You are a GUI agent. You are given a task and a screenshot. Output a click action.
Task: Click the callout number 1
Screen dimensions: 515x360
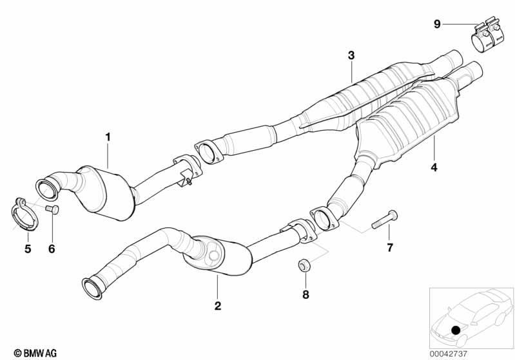tap(108, 137)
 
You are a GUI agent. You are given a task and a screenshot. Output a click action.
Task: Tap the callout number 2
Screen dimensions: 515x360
tap(217, 306)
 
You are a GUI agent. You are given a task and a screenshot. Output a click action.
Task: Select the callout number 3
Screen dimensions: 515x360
tap(351, 55)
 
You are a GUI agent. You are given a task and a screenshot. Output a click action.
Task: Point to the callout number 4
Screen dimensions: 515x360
tap(434, 167)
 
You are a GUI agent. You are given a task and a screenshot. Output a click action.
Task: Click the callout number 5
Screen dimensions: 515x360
tap(28, 249)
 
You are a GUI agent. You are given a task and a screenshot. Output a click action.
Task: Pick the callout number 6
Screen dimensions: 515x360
tap(52, 249)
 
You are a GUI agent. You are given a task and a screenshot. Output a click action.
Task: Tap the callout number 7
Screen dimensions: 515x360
tap(390, 247)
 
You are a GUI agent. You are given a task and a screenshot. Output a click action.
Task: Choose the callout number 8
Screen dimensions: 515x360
tap(306, 294)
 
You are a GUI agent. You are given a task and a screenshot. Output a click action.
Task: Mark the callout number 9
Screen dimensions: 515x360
tap(437, 24)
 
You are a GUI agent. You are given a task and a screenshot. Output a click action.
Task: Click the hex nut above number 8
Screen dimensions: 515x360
tap(304, 265)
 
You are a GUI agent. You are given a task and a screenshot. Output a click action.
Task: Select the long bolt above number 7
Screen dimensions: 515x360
tap(384, 220)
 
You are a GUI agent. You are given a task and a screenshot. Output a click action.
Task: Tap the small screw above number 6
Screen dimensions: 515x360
tap(52, 209)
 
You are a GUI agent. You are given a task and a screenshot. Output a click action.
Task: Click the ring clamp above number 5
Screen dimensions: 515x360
tap(25, 214)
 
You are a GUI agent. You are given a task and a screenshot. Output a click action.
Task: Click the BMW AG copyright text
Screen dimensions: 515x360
tap(35, 353)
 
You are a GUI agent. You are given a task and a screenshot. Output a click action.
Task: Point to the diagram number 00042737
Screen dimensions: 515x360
tap(448, 354)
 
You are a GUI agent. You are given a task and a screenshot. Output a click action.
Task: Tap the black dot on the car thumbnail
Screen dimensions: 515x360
tap(456, 330)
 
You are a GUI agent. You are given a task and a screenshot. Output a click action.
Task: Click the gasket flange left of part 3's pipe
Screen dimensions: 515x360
tap(208, 152)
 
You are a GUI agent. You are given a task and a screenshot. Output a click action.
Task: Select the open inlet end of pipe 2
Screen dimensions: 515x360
tap(92, 289)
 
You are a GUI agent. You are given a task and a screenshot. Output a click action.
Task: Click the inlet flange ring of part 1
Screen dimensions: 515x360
tap(46, 188)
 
